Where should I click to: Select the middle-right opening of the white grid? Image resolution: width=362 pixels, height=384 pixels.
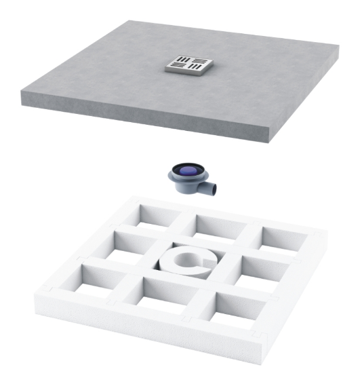(x=260, y=270)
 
